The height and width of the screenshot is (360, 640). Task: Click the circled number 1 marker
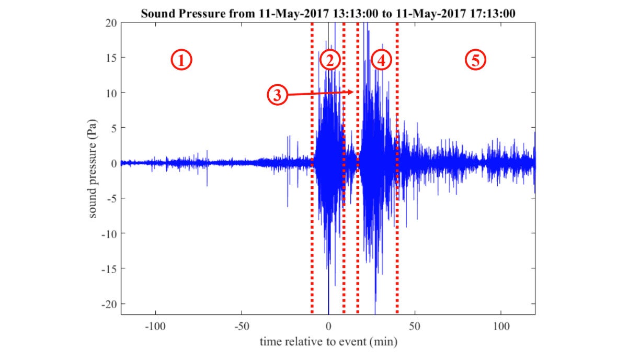[181, 61]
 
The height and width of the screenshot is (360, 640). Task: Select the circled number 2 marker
[330, 61]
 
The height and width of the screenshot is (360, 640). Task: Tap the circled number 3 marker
[278, 95]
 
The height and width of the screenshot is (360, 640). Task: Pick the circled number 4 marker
[381, 61]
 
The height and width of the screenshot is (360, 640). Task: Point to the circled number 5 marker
[476, 60]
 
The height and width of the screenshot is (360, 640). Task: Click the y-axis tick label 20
[110, 22]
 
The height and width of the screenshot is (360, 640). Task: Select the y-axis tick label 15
[110, 58]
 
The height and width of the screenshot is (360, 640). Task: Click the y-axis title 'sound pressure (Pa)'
[94, 168]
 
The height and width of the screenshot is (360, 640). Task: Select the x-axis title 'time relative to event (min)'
[328, 343]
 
